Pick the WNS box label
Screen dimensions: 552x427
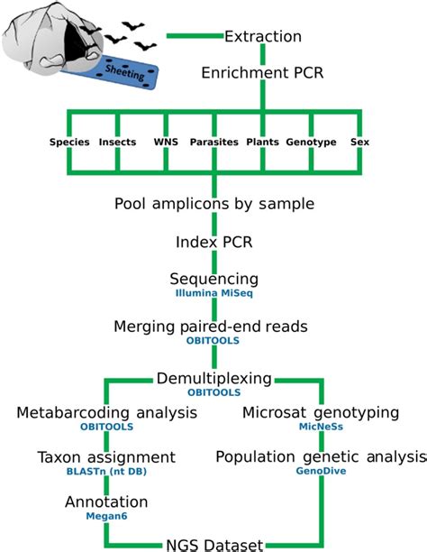(167, 143)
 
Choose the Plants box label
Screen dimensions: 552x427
(262, 143)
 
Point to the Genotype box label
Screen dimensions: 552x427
(311, 143)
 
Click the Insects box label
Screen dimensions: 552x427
(117, 143)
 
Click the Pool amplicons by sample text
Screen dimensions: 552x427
(214, 203)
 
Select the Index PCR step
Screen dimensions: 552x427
(214, 243)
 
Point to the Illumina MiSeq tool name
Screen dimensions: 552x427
(214, 294)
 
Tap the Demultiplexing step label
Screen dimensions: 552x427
(213, 379)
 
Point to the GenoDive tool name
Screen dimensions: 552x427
(320, 473)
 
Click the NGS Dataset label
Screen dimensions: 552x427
(214, 544)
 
